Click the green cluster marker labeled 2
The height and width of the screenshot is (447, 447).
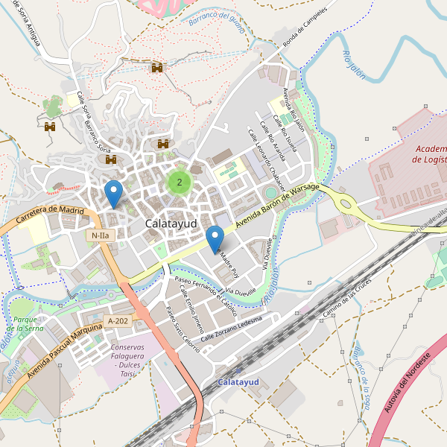pyautogui.click(x=179, y=182)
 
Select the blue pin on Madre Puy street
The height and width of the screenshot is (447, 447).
pyautogui.click(x=215, y=239)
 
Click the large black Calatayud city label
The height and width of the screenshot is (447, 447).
pyautogui.click(x=171, y=223)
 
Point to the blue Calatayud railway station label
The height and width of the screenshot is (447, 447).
pyautogui.click(x=238, y=382)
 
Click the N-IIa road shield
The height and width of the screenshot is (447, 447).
pyautogui.click(x=99, y=235)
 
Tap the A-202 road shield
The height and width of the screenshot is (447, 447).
pyautogui.click(x=118, y=321)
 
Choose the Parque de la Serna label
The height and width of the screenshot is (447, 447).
pyautogui.click(x=28, y=323)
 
